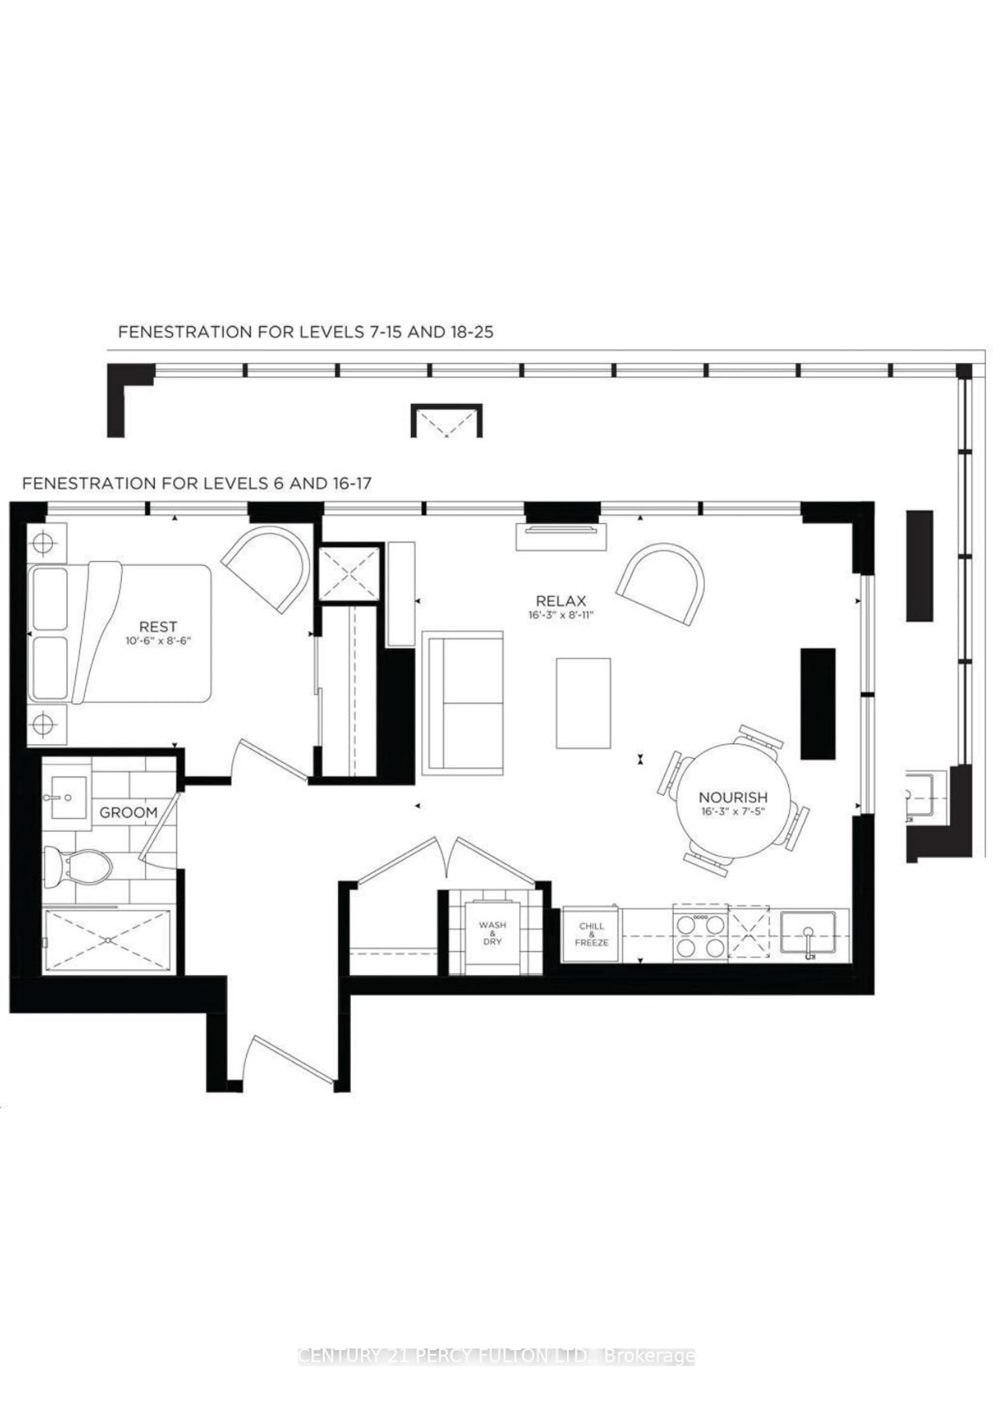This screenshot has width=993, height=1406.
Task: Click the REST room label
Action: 158,627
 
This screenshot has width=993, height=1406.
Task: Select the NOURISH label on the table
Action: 733,797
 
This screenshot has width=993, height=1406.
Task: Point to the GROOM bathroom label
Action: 129,813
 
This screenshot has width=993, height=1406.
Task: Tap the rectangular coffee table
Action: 583,703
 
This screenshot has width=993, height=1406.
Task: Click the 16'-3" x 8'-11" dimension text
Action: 561,615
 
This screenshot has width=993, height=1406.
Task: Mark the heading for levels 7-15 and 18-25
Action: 305,332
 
